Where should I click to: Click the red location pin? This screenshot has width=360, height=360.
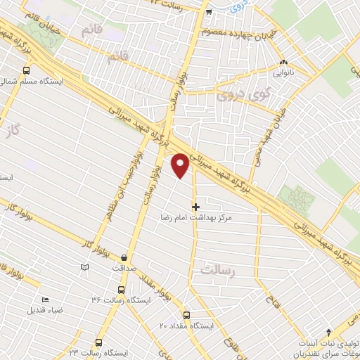[181, 166]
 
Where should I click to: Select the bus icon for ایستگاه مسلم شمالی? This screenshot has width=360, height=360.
[27, 70]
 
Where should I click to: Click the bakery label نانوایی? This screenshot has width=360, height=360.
[283, 70]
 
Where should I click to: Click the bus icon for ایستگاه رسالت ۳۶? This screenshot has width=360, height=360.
[122, 289]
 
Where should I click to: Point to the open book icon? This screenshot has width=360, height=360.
[84, 267]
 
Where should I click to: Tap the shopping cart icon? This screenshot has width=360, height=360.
[208, 11]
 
